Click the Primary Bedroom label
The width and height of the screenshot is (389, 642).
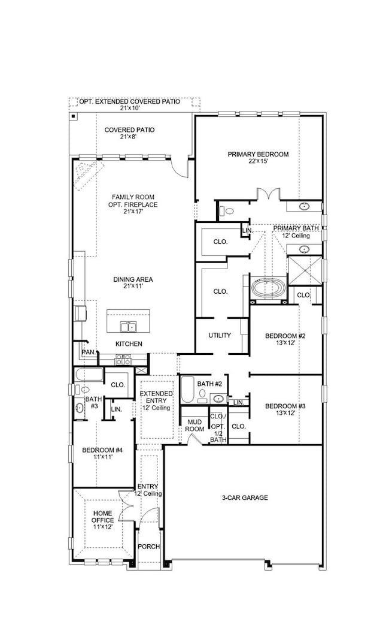click(258, 158)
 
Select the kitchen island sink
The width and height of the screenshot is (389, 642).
click(128, 326)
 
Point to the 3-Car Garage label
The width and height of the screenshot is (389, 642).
click(245, 498)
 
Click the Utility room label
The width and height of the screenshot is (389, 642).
click(220, 335)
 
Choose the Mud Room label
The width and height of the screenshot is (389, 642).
click(194, 426)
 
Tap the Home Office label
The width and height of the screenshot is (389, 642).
click(102, 520)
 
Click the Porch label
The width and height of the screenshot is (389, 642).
click(149, 547)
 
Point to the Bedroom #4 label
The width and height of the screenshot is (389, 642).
click(102, 453)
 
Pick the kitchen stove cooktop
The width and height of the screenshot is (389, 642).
click(123, 360)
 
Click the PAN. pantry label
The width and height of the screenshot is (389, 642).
click(89, 352)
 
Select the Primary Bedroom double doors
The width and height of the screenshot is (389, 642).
click(268, 194)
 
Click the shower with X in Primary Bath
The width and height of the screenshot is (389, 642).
click(305, 270)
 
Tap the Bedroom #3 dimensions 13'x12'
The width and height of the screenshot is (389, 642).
click(285, 414)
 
